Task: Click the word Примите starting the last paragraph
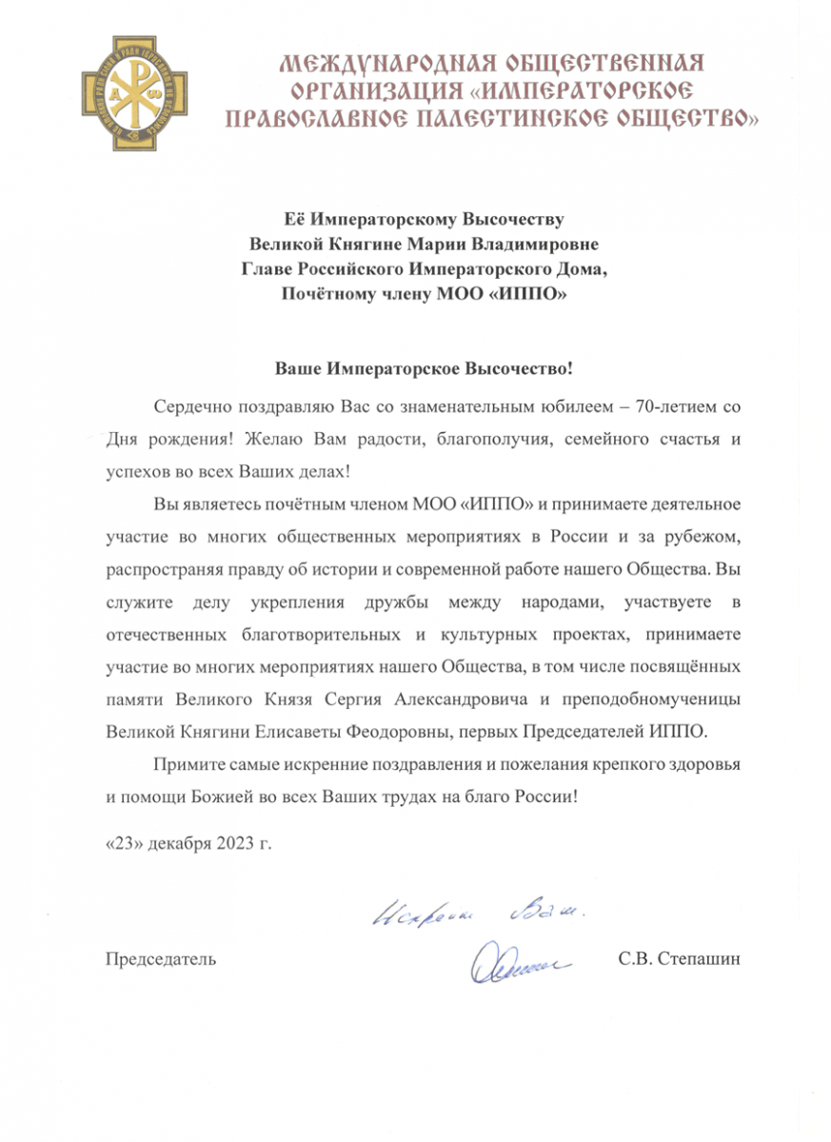pos(185,764)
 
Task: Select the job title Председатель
pos(159,958)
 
